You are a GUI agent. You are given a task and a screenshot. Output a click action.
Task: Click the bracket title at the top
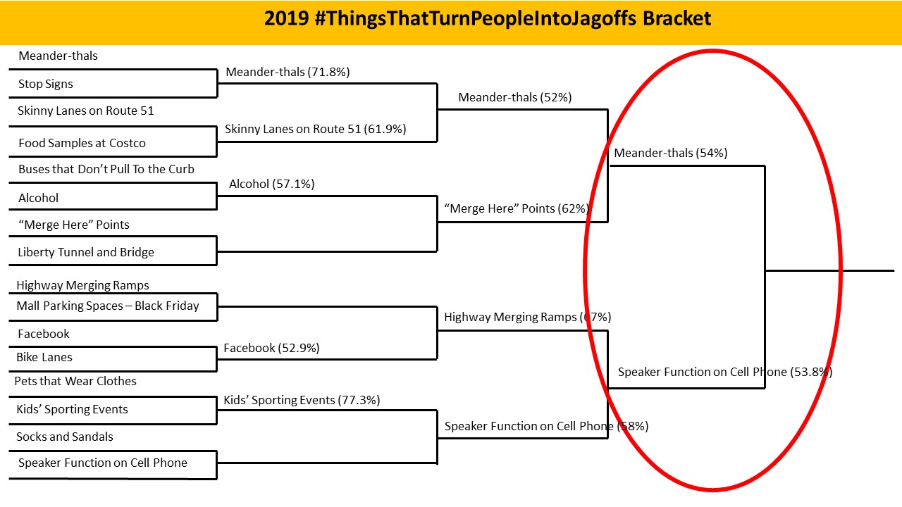488,18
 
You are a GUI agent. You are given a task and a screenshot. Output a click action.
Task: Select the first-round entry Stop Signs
46,84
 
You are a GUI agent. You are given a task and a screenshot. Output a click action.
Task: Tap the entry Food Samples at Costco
82,143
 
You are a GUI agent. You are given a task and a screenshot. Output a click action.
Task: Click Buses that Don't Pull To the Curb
106,169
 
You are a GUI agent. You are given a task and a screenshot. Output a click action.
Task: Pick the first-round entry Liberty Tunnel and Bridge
86,252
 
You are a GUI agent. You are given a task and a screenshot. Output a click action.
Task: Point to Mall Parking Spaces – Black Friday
108,306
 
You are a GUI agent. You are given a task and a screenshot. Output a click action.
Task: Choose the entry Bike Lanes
44,357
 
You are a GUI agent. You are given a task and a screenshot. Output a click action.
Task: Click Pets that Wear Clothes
75,381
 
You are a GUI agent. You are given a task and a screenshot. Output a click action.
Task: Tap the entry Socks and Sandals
64,437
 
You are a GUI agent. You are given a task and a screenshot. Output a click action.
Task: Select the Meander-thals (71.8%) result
288,72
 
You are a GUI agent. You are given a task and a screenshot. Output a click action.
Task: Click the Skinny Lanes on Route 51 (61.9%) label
315,129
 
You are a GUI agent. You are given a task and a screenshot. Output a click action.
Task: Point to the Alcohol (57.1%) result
272,184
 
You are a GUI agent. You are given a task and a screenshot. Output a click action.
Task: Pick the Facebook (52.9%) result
271,348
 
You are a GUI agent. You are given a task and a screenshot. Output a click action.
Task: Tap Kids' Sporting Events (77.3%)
302,400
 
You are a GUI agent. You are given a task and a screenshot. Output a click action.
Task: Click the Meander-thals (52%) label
515,97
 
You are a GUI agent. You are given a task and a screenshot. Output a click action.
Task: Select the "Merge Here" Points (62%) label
517,208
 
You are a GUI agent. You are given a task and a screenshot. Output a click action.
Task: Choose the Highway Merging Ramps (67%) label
528,317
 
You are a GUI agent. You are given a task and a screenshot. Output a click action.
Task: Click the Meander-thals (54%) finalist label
670,153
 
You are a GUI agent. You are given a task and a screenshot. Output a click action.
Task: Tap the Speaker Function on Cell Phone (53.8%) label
725,372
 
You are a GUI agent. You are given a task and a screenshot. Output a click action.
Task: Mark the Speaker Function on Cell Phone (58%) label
546,426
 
